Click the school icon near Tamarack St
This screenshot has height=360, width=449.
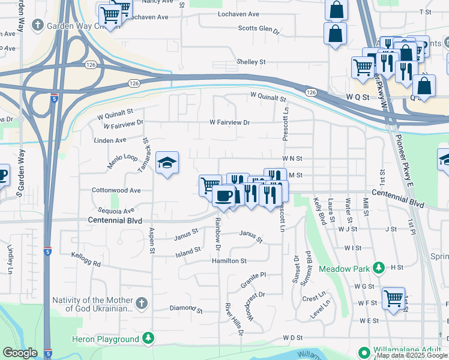click(167, 163)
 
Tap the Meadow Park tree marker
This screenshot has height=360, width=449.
click(379, 268)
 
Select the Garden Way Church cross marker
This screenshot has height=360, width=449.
click(38, 25)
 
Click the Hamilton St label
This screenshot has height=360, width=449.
click(229, 261)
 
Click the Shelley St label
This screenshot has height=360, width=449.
click(251, 62)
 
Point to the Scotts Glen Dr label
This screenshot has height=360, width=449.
click(259, 28)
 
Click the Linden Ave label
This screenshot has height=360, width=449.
click(110, 140)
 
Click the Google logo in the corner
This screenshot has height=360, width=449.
click(20, 353)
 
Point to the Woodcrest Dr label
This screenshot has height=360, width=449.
click(254, 295)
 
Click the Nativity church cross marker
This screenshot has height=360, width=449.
click(141, 304)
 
